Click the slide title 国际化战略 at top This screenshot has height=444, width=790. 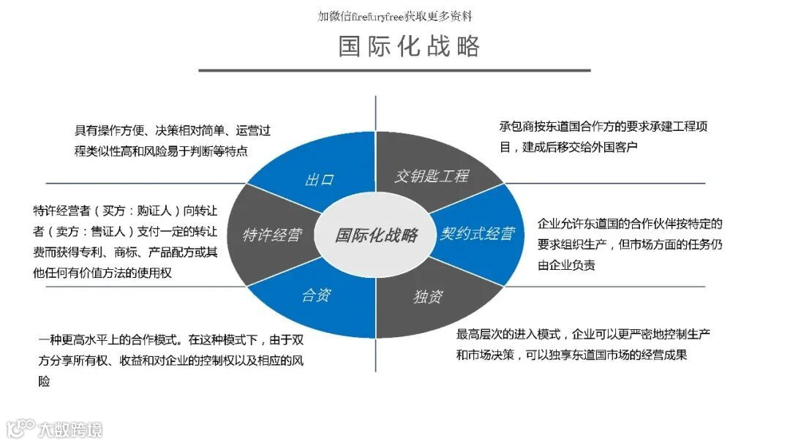(409, 46)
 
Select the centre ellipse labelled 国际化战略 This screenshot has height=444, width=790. (377, 235)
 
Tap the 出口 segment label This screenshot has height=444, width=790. (319, 179)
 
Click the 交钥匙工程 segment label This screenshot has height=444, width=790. (432, 176)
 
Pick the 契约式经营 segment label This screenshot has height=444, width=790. (478, 234)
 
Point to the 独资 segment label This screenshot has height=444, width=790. (428, 296)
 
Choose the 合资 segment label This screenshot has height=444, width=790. (317, 296)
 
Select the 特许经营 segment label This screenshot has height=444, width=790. (272, 235)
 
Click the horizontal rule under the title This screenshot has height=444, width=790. (394, 70)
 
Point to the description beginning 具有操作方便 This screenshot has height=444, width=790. (173, 140)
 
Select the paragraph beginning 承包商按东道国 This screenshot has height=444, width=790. (603, 136)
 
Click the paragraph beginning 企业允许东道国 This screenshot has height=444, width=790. (629, 244)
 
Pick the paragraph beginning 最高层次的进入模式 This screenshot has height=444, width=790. (583, 345)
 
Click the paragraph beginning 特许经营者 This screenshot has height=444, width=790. (125, 241)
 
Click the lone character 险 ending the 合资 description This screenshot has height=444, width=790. (45, 381)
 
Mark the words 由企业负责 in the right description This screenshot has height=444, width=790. (566, 266)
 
